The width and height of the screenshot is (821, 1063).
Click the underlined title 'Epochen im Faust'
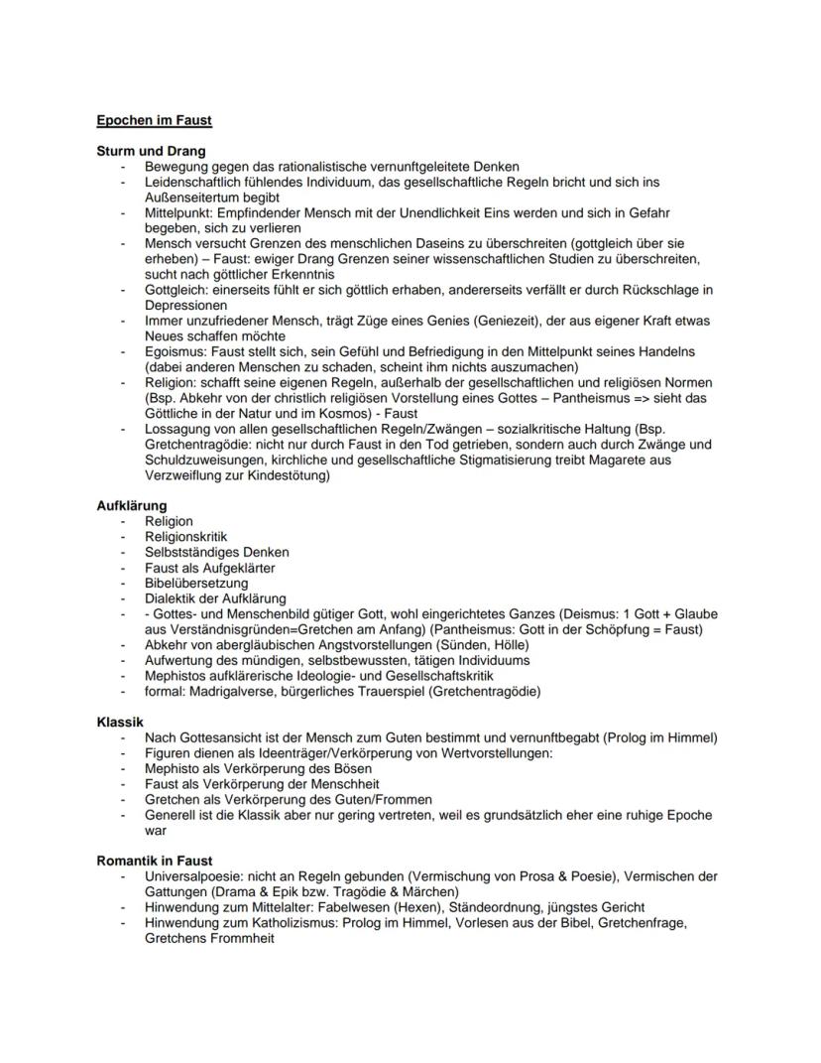pos(154,121)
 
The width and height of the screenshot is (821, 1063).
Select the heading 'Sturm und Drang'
pos(151,151)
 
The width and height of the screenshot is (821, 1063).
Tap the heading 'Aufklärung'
pos(131,505)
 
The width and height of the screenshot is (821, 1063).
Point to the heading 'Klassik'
pos(120,722)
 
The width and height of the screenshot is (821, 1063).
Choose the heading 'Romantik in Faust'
pos(154,861)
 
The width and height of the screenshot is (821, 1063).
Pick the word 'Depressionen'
pos(185,306)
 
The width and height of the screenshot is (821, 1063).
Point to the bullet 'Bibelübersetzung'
pos(196,583)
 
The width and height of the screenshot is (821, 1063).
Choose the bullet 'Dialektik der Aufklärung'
pos(215,598)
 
